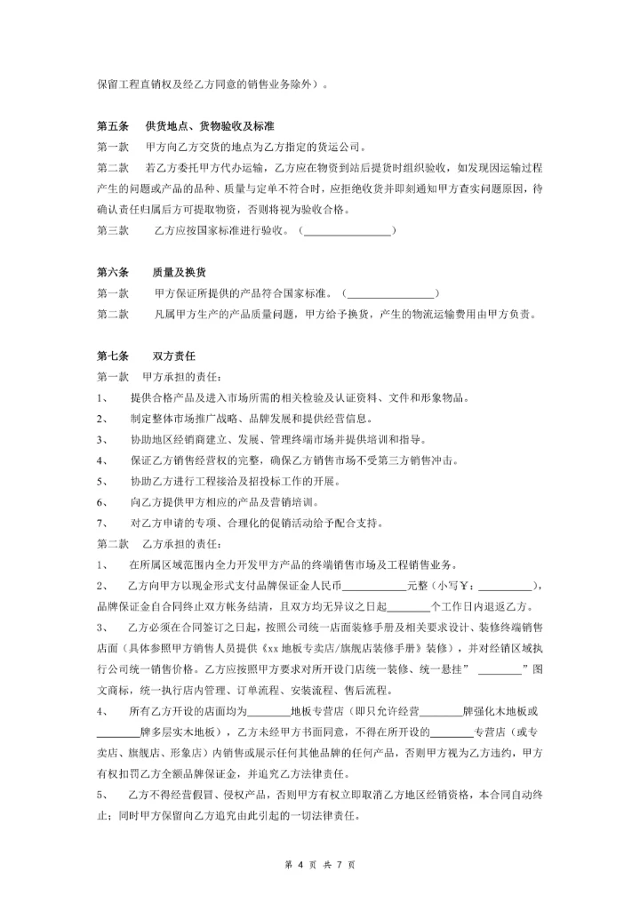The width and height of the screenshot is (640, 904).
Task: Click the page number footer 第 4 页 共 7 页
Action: click(320, 863)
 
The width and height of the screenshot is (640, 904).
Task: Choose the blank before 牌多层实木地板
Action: click(118, 732)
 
